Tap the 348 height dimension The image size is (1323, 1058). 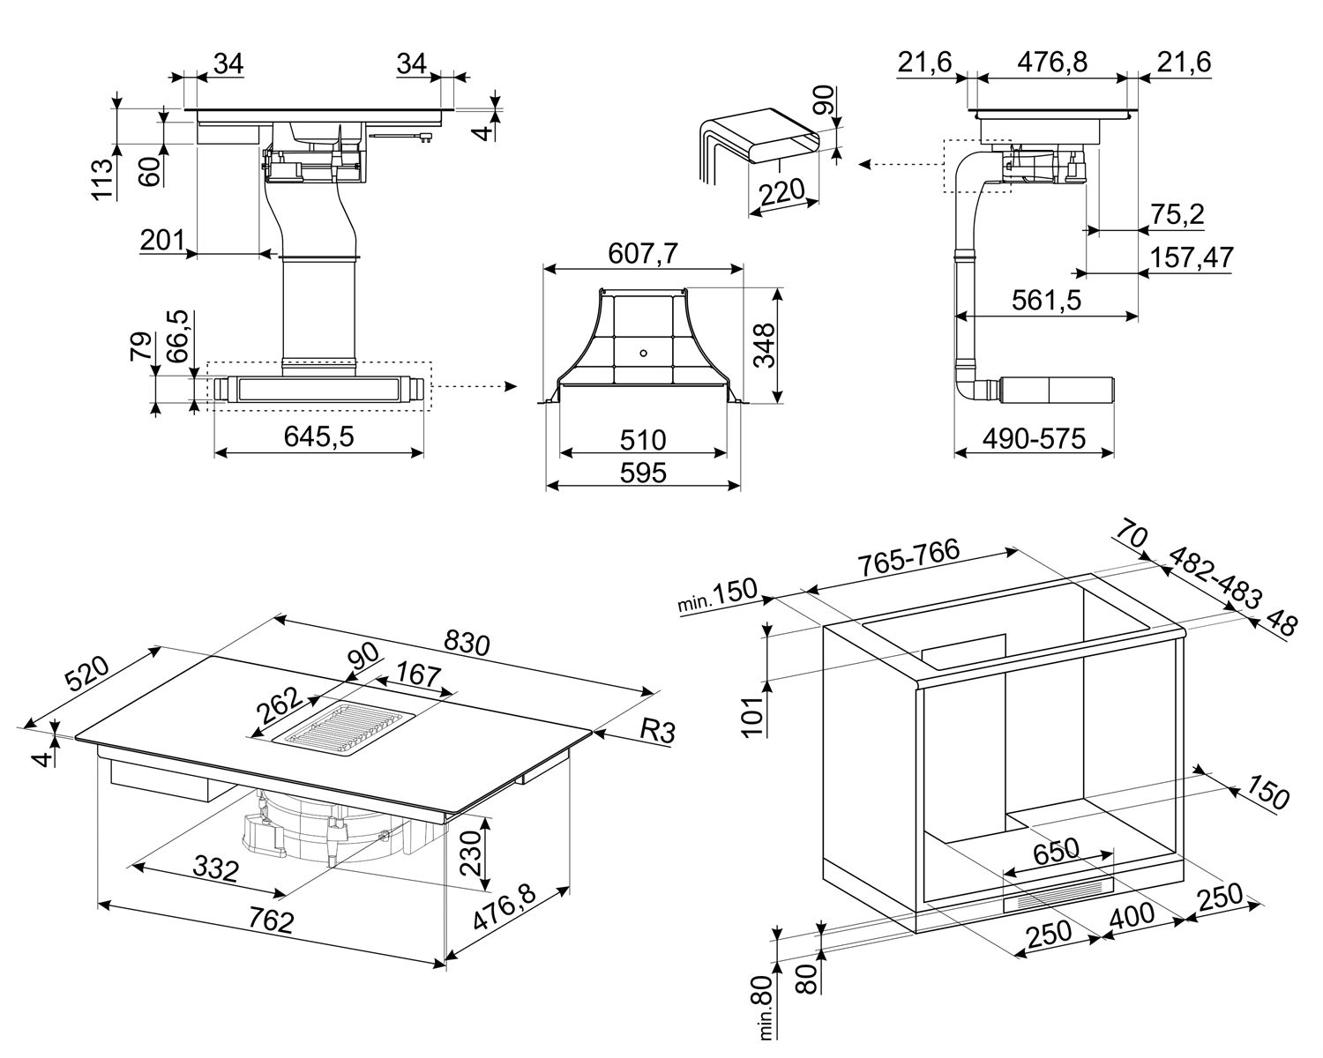tap(763, 346)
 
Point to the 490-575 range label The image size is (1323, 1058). tap(1033, 438)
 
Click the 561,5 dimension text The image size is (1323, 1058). tap(1046, 301)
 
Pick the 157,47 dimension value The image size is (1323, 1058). tap(1191, 257)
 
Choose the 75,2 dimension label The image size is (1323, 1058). tap(1177, 214)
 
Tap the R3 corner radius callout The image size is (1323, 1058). tap(656, 730)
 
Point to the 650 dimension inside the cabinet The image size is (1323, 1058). tap(1056, 850)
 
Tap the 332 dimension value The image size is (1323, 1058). tap(214, 870)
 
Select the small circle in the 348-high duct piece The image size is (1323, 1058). tap(643, 354)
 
